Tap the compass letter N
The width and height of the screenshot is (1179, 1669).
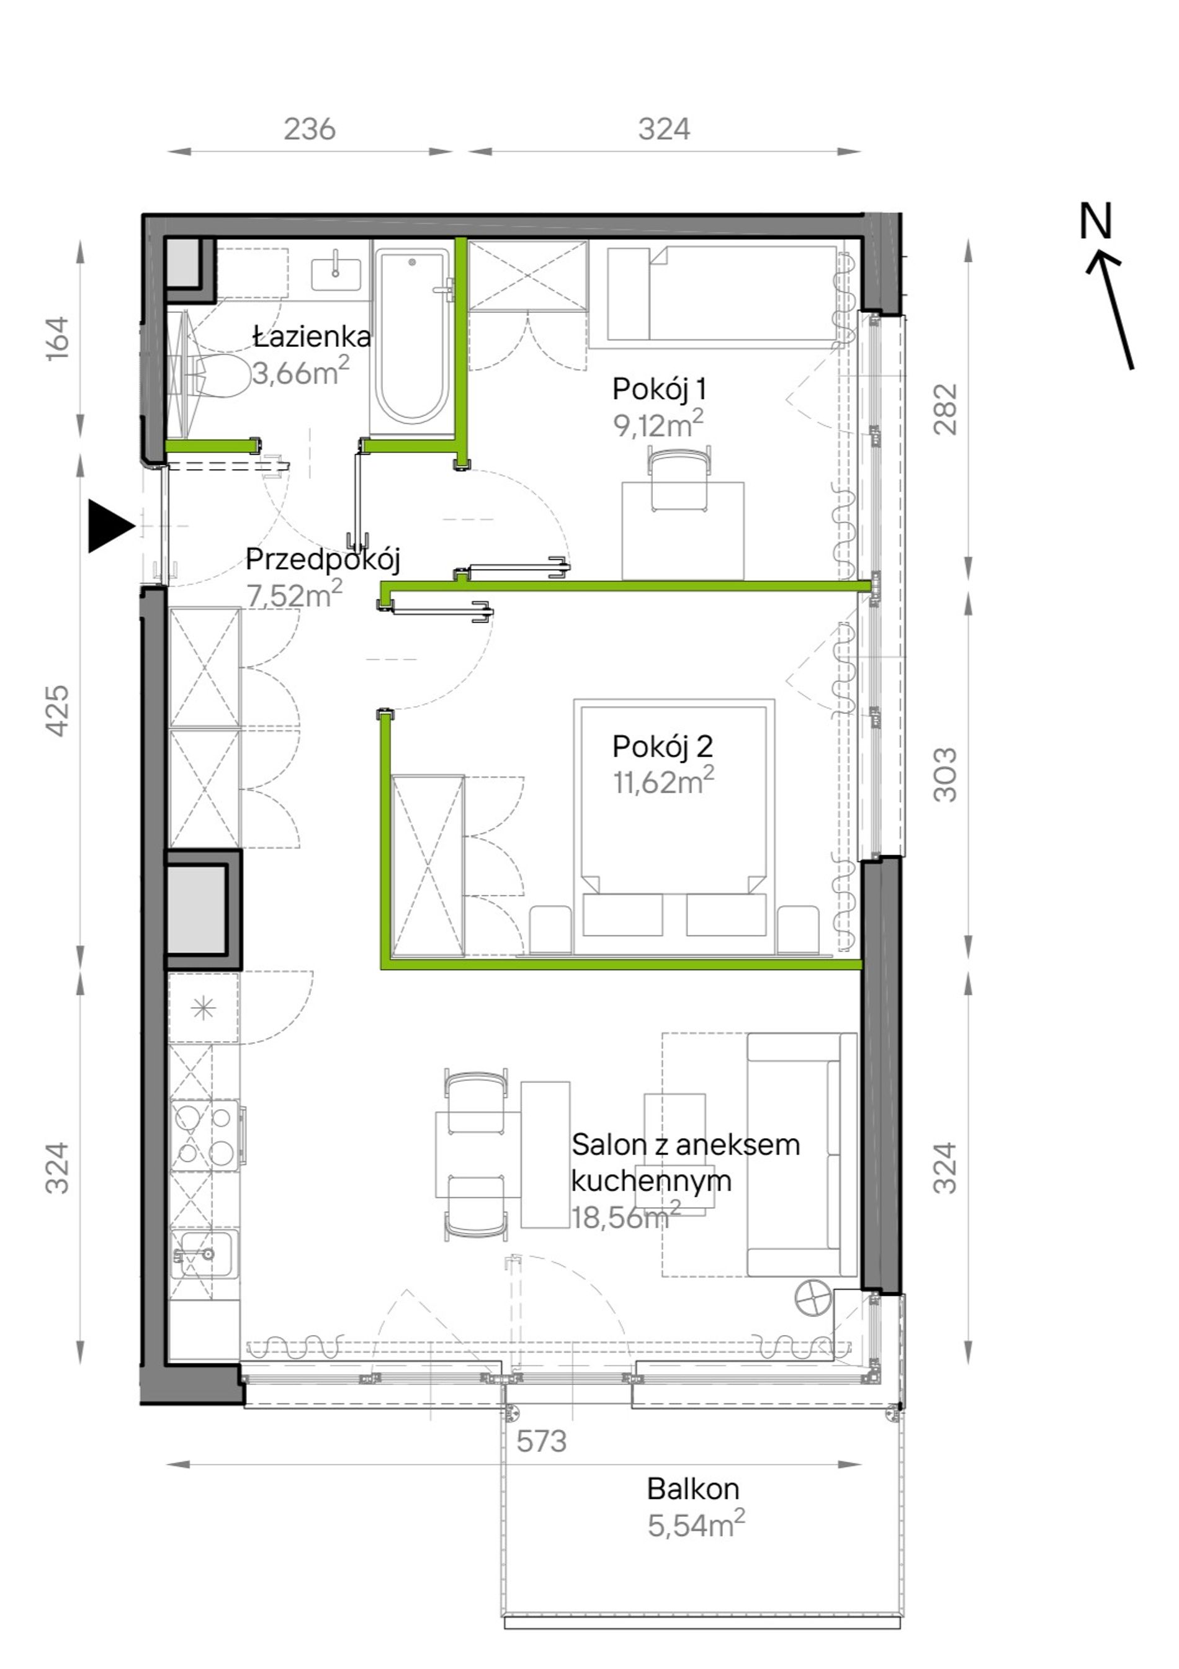(1095, 221)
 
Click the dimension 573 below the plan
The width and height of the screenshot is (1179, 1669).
(542, 1439)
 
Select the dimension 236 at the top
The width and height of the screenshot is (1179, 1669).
(310, 129)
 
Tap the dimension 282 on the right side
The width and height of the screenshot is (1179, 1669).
(945, 409)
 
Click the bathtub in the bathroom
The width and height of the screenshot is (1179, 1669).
(411, 336)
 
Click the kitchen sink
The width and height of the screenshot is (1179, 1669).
(204, 1253)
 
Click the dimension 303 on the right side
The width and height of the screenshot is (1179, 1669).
(945, 774)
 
